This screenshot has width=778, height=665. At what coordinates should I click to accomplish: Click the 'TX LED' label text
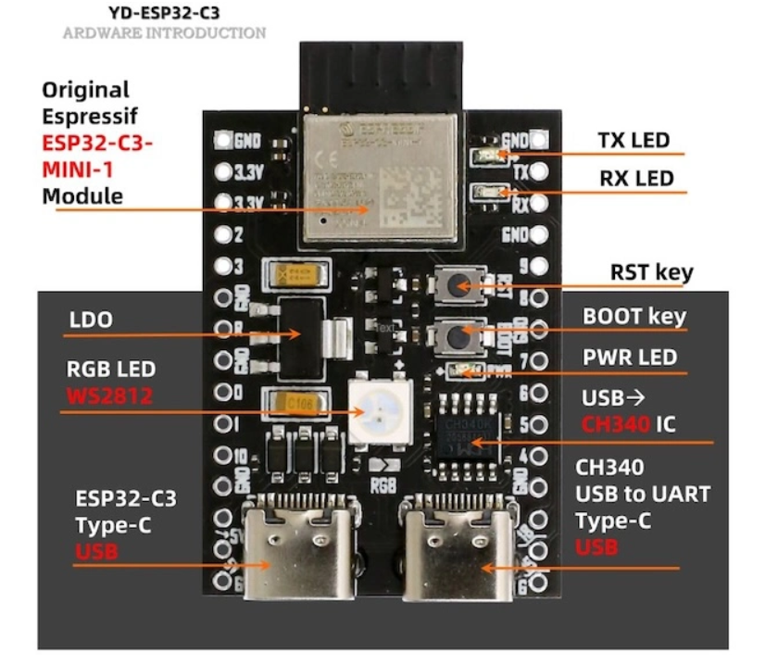[x=633, y=141]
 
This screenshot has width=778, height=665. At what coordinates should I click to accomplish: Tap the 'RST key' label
[x=652, y=273]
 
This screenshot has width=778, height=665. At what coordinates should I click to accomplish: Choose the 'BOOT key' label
[x=634, y=317]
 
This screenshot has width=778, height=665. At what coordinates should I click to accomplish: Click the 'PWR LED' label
[x=630, y=357]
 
